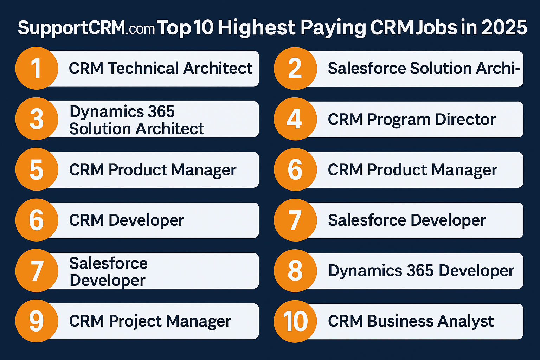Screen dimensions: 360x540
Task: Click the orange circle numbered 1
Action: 37,69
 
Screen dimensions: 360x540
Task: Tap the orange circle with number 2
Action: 295,69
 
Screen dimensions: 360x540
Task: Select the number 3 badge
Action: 37,119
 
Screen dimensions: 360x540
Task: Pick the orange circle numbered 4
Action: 295,119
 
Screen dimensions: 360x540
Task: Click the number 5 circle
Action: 37,170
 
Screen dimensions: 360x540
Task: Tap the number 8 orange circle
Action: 295,271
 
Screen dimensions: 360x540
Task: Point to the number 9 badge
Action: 37,321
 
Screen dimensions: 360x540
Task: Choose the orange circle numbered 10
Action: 295,321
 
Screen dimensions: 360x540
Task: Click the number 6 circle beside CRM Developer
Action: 37,220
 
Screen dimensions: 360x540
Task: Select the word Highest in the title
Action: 257,27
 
